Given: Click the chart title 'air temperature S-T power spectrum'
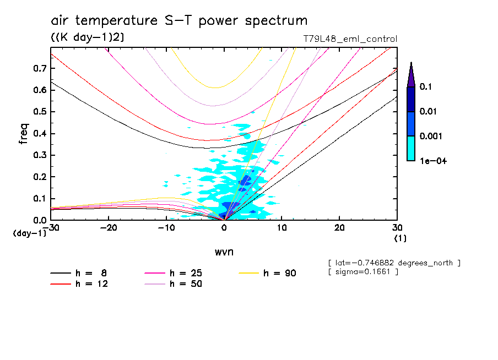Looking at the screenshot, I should tap(179, 21).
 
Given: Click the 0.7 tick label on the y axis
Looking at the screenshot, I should tap(39, 68).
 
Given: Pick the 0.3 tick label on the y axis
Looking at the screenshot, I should tap(39, 155).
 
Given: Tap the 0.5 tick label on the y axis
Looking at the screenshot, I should tap(39, 112).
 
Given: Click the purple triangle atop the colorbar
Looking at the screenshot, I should tap(411, 75).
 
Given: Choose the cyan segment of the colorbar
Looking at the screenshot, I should tap(411, 148).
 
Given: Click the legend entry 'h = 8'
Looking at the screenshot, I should tap(77, 273).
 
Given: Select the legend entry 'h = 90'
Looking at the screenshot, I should tap(269, 273).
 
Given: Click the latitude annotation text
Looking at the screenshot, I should tap(394, 263).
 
